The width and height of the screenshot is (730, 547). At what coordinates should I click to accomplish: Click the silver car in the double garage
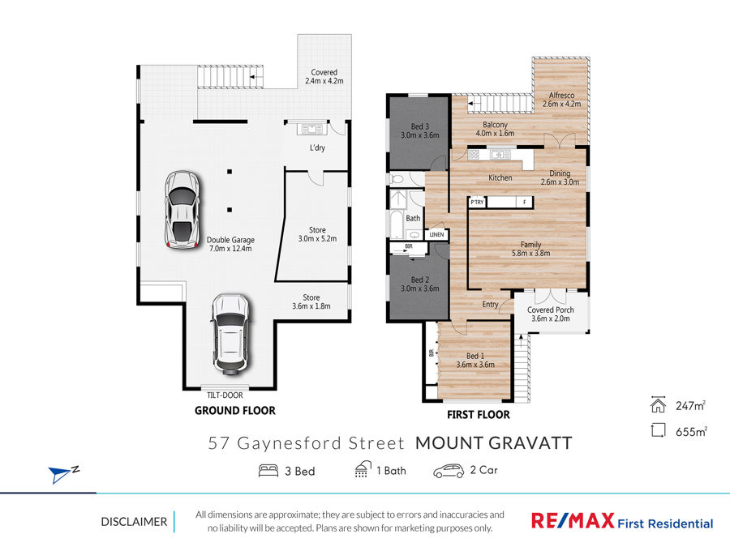point(182,210)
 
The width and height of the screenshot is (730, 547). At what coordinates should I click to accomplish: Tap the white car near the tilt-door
point(231,334)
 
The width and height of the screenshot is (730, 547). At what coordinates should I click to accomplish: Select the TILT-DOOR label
point(225,395)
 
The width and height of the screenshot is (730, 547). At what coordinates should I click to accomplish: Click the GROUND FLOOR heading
point(235,410)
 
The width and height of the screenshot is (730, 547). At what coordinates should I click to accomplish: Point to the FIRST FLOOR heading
point(478,414)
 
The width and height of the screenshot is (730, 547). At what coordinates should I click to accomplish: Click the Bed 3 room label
point(420,130)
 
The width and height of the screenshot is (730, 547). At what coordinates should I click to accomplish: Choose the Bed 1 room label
point(475,360)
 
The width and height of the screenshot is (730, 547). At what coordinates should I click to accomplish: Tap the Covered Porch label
point(550,314)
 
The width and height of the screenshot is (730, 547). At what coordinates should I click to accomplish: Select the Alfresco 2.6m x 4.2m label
point(561,100)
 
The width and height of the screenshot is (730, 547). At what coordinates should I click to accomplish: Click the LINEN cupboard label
point(436,234)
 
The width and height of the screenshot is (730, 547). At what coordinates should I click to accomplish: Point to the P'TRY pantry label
point(477,203)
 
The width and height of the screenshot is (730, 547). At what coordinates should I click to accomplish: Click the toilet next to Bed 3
point(397,178)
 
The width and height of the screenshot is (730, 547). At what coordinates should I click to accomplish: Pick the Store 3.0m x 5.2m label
point(317,234)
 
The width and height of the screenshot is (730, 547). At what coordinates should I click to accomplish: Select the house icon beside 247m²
point(659,404)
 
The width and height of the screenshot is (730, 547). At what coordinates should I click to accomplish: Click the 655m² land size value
point(691,432)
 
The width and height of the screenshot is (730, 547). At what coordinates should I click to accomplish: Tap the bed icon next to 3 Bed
point(268,471)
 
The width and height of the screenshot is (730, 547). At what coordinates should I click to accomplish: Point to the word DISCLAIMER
point(134,522)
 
